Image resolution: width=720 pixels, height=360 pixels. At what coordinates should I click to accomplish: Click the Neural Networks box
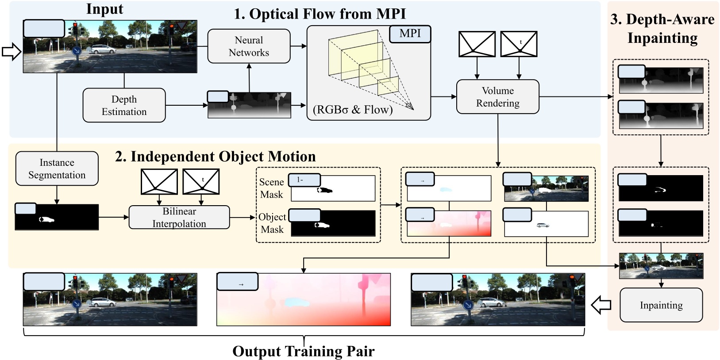point(249,46)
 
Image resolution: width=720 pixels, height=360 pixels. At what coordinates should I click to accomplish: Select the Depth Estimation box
point(124,105)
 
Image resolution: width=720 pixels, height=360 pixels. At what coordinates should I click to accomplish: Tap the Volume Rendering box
point(497,97)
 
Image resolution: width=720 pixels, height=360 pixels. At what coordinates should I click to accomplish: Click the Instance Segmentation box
point(57,169)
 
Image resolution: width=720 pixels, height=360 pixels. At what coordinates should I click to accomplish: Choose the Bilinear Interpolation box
point(179,217)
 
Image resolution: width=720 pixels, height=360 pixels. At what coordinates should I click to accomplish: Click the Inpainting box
point(661,305)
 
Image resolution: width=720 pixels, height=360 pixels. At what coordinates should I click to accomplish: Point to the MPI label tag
point(410,34)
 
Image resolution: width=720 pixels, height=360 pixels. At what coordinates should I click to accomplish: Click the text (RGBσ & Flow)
point(353,110)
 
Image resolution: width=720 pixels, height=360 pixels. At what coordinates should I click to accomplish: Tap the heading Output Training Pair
point(303,351)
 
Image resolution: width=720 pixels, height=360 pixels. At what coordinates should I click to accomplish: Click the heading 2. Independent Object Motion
point(215,157)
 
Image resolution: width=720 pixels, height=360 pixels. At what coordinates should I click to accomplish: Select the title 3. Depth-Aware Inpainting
point(662,29)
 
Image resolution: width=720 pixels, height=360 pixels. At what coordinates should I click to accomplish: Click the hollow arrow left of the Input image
point(12,52)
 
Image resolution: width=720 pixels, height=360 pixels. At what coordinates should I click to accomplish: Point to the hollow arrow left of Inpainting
point(601,305)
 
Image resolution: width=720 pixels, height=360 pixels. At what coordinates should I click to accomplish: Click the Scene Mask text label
point(271,188)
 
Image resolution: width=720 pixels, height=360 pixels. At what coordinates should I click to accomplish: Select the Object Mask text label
point(272,223)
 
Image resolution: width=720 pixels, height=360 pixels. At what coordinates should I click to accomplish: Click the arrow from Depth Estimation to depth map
point(186,105)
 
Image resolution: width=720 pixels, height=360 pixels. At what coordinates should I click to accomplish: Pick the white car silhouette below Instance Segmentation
point(46,219)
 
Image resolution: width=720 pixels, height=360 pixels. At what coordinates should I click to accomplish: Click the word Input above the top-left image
point(104,9)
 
